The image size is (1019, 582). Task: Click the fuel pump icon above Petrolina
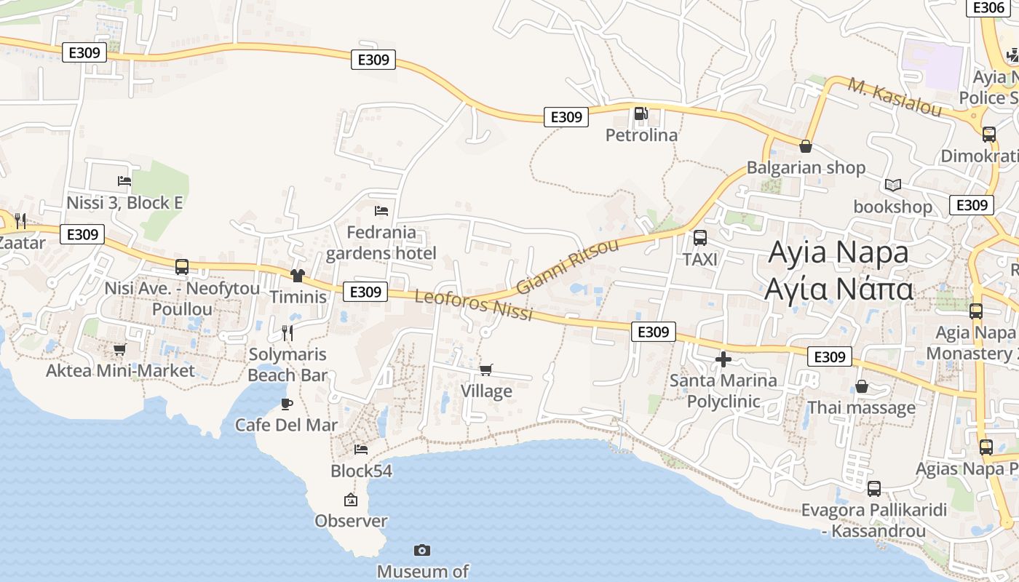coord(641,113)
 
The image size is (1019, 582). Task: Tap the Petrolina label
coord(641,135)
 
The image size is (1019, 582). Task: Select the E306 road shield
coord(988,7)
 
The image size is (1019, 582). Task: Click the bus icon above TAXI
coord(700,237)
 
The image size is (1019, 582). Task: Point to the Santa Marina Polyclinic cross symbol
coord(723,359)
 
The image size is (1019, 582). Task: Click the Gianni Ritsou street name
coord(567,266)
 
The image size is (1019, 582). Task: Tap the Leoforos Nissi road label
coord(474,306)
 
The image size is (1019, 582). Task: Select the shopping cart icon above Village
coord(486,370)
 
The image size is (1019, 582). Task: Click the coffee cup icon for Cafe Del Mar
coord(286,404)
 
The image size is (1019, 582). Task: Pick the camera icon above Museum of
coord(421,550)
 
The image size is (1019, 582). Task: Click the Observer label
coord(351,521)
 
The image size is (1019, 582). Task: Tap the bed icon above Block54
coord(361,450)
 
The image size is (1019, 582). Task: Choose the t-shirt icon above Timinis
coord(297,275)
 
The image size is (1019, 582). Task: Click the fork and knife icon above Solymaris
coord(288,333)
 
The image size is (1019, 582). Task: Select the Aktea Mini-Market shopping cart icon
coord(120,350)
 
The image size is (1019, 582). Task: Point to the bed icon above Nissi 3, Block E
coord(124,181)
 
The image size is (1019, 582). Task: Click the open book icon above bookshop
coord(893,185)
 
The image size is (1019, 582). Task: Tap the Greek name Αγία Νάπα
coord(838,289)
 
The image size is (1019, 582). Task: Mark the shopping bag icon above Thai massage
coord(862,386)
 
